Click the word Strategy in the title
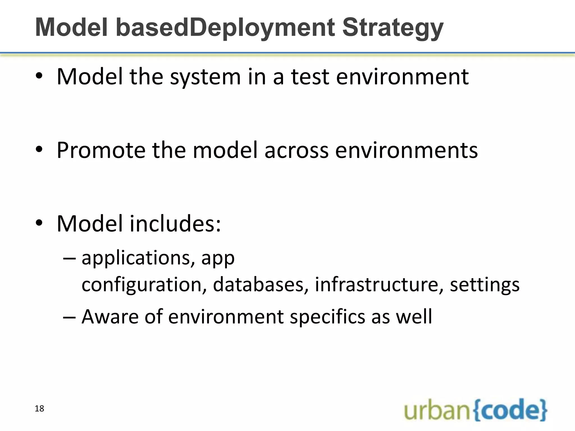(393, 28)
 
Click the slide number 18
(39, 409)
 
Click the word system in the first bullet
(206, 77)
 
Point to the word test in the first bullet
(310, 77)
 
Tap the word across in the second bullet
(296, 150)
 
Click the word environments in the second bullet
(406, 150)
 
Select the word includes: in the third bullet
(175, 224)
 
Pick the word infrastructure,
(379, 285)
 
